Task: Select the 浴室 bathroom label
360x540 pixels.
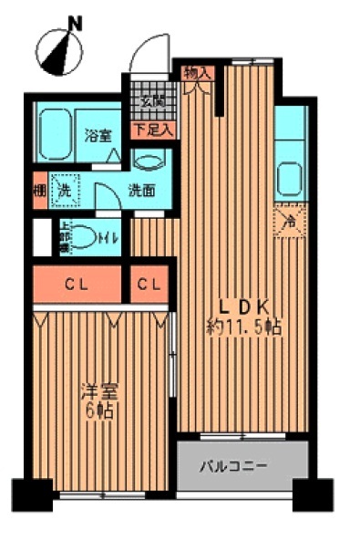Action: tap(98, 136)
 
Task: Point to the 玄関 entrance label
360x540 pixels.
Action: tap(152, 102)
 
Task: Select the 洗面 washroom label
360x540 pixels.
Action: tap(141, 191)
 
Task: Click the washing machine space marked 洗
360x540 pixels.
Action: tap(64, 191)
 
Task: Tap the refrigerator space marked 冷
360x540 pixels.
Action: tap(290, 220)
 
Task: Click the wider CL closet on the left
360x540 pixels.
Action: tap(77, 284)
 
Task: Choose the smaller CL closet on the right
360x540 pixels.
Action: tap(150, 284)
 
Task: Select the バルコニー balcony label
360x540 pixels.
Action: tap(234, 465)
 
